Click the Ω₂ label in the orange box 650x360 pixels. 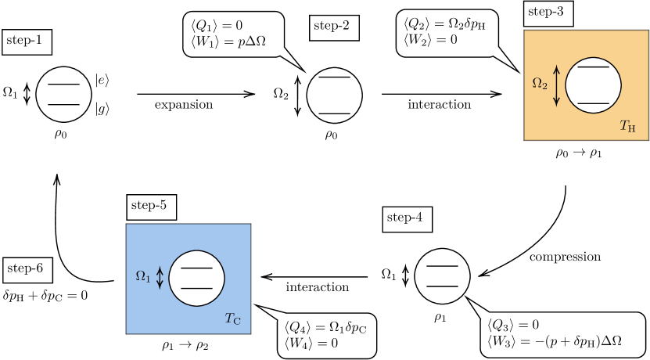click(540, 83)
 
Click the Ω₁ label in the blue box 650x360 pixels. click(143, 276)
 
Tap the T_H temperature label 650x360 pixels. click(627, 126)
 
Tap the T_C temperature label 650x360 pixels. click(232, 319)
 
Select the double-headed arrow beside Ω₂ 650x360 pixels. click(557, 85)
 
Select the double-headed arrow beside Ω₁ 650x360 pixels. click(160, 278)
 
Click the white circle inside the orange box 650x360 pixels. click(593, 85)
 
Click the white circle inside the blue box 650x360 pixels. click(196, 278)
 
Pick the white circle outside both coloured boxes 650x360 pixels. click(442, 276)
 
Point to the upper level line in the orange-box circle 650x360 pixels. click(593, 67)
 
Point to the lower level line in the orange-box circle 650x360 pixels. click(593, 103)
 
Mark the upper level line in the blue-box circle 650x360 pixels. click(196, 268)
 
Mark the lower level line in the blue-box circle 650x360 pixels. click(196, 288)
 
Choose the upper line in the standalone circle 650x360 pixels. click(442, 266)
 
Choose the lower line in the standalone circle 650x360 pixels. click(442, 286)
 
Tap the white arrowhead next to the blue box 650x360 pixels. click(272, 312)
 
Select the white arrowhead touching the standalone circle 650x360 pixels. click(478, 308)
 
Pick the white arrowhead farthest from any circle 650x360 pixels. click(289, 57)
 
